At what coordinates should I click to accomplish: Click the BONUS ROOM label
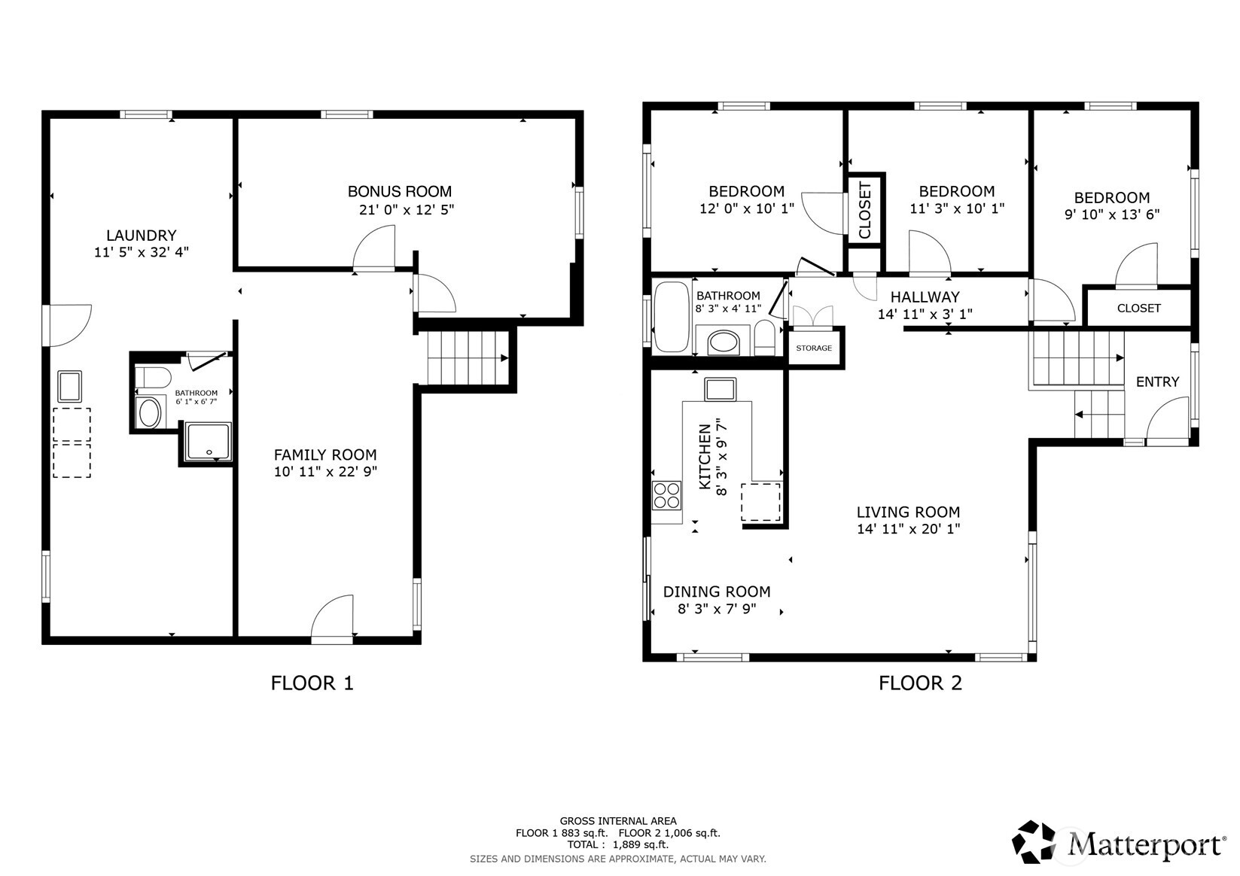pos(399,191)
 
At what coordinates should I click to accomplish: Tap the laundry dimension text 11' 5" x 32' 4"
pos(141,252)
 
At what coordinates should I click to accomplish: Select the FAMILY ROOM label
pos(324,455)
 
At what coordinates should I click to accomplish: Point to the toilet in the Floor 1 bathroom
pos(154,376)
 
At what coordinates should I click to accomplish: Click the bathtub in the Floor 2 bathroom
pos(672,318)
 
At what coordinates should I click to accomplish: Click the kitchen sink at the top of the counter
pos(720,389)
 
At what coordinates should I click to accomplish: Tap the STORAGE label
pos(814,348)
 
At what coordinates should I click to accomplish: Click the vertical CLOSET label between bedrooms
pos(865,210)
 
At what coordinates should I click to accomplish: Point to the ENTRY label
pos(1156,382)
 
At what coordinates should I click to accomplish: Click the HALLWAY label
pos(925,297)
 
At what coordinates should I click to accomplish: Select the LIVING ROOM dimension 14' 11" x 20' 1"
pos(908,529)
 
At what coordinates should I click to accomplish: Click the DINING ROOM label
pos(716,592)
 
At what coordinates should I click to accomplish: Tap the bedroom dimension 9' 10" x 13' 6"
pos(1111,214)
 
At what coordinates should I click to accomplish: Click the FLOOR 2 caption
pos(920,683)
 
